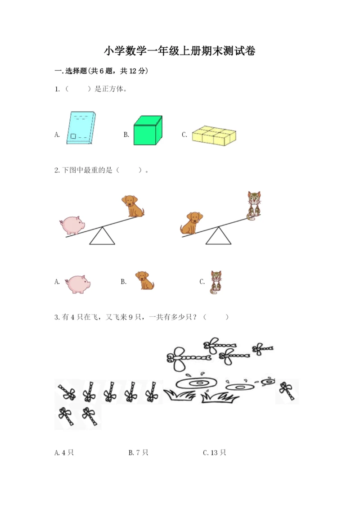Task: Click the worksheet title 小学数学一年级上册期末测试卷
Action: tap(180, 51)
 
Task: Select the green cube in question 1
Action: tap(148, 130)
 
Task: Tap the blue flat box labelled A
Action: tap(81, 127)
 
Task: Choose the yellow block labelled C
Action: tap(214, 135)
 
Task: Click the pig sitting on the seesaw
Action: tap(72, 225)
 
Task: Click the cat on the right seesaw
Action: tap(254, 206)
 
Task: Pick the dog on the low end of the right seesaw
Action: tap(192, 223)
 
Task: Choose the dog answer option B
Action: tap(144, 280)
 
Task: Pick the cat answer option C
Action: tap(216, 282)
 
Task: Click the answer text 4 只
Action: tap(68, 452)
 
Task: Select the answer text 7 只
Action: tap(142, 452)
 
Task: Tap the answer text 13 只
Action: tap(218, 452)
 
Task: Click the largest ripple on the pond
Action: tap(196, 383)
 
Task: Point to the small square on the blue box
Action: tap(73, 136)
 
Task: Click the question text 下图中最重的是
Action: tap(87, 170)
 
